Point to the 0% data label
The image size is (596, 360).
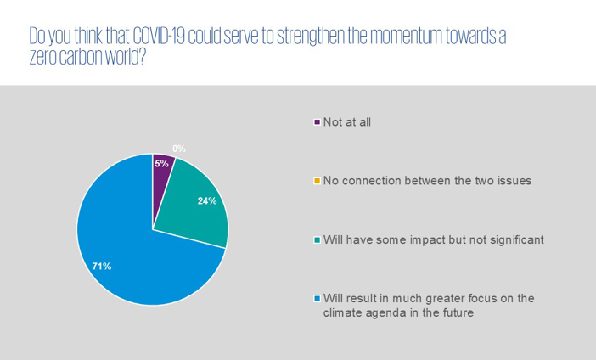pyautogui.click(x=179, y=149)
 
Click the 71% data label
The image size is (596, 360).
pyautogui.click(x=102, y=267)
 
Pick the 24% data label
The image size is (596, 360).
pyautogui.click(x=207, y=200)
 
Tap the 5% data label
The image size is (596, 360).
pyautogui.click(x=161, y=164)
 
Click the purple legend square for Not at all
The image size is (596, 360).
pyautogui.click(x=317, y=122)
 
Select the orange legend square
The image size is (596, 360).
pyautogui.click(x=317, y=181)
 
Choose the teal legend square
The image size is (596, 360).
pyautogui.click(x=317, y=240)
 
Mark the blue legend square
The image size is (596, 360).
pyautogui.click(x=317, y=298)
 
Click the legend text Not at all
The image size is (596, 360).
pyautogui.click(x=347, y=122)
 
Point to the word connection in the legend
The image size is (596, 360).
pyautogui.click(x=371, y=181)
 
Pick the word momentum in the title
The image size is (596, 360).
pyautogui.click(x=406, y=37)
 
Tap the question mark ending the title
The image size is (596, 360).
pyautogui.click(x=142, y=57)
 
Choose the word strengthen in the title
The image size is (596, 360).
pyautogui.click(x=311, y=37)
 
